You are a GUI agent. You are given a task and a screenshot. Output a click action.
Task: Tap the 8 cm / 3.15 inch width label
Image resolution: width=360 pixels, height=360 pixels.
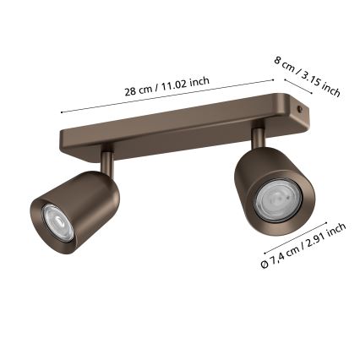[x=307, y=75]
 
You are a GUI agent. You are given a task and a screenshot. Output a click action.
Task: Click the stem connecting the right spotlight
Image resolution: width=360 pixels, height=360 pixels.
[x=256, y=134]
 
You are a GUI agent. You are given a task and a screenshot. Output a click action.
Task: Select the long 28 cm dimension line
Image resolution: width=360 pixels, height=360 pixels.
[x=169, y=95]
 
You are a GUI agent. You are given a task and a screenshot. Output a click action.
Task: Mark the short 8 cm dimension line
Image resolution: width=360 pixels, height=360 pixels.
[x=297, y=87]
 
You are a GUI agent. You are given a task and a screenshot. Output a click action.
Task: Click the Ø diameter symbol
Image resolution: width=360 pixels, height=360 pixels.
[x=265, y=264]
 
